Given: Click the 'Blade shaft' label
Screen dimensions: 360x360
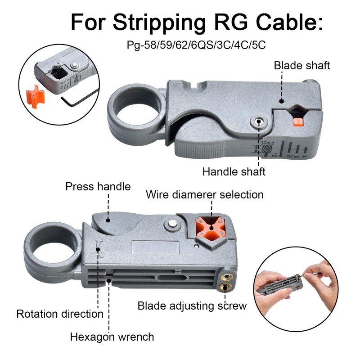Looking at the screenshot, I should [x=302, y=66].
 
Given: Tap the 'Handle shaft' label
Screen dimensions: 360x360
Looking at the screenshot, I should [x=234, y=171].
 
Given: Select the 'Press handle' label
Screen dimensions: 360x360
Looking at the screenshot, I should [x=98, y=186].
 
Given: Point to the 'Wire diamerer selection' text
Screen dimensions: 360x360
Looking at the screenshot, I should [x=205, y=195].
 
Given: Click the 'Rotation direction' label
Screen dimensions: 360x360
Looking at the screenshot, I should [x=60, y=314].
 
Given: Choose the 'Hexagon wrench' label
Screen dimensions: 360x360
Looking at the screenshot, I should [x=112, y=337].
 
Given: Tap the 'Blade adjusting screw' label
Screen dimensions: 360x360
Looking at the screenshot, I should [x=192, y=306].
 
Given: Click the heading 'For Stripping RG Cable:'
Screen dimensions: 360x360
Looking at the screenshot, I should [x=197, y=22].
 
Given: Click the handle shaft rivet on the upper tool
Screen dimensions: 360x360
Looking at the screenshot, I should [x=259, y=121].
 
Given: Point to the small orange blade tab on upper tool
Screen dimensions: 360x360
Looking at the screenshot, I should [x=296, y=122].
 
